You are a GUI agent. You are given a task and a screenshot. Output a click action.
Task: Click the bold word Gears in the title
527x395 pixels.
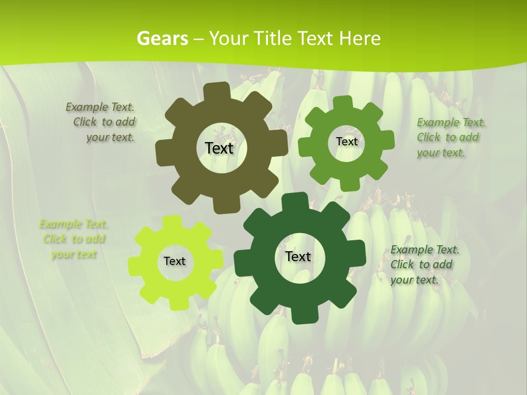(162, 38)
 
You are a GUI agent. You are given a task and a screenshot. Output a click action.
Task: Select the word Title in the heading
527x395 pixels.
(273, 38)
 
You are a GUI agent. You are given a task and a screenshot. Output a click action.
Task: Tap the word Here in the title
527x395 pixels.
(360, 38)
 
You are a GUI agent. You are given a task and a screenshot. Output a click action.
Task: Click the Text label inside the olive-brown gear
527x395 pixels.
(219, 148)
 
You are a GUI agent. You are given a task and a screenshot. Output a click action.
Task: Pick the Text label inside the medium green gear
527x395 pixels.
(346, 142)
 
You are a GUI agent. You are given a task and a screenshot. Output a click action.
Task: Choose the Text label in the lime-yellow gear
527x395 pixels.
(175, 262)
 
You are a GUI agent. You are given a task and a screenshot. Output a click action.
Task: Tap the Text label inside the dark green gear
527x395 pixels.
(298, 257)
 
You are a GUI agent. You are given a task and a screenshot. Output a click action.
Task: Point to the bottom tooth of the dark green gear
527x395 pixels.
(300, 315)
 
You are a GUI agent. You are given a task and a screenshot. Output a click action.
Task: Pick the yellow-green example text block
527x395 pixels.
(74, 239)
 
